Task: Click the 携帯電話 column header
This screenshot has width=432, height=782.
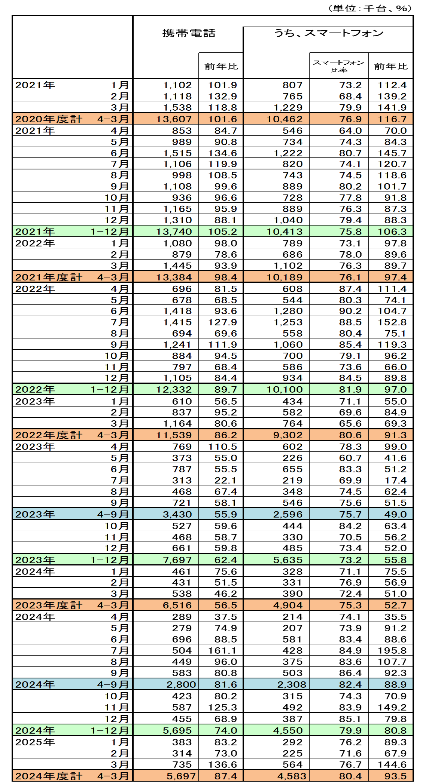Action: tap(189, 33)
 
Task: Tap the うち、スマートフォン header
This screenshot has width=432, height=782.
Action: tap(328, 33)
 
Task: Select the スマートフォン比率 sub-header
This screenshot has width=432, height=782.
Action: tap(338, 66)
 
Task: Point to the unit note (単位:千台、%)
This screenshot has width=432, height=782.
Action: tap(370, 8)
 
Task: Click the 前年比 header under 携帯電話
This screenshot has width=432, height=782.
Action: tap(221, 67)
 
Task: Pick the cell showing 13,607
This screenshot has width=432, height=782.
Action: tap(174, 119)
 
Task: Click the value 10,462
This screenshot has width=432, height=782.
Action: tap(284, 119)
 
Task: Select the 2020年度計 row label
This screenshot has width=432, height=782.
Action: tap(49, 119)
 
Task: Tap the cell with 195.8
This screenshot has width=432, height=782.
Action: tap(392, 650)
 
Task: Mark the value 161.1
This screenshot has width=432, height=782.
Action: tap(222, 650)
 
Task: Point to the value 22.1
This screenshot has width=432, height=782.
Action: tap(226, 481)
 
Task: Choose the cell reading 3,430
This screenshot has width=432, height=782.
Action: tap(177, 515)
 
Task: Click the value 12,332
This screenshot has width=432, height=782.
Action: tap(174, 390)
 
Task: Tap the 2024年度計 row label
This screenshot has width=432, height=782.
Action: tap(49, 776)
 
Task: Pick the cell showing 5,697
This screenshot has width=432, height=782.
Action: tap(181, 776)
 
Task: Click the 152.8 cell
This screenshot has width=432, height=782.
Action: tap(392, 322)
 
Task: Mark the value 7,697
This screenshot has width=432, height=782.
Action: tap(177, 560)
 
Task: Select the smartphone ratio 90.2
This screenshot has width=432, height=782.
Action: tap(350, 311)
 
